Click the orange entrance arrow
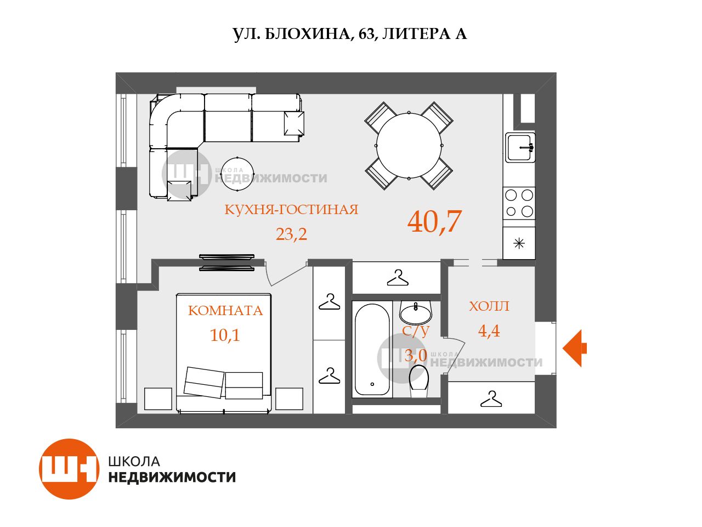(x=574, y=348)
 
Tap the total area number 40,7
(x=434, y=221)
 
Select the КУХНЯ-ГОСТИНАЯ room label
(x=291, y=210)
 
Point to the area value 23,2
(x=291, y=234)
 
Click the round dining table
(x=409, y=145)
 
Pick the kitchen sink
(x=520, y=148)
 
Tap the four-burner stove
(x=519, y=203)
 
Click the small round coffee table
(x=237, y=174)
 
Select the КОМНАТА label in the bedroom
(x=225, y=311)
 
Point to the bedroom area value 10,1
(x=225, y=335)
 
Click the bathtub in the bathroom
(x=372, y=350)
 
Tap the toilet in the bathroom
(x=419, y=381)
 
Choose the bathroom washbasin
(x=416, y=313)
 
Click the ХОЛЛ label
(x=489, y=306)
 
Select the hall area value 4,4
(x=489, y=330)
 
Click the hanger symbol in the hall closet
(x=491, y=399)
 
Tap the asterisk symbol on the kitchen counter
(x=519, y=244)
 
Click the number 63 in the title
(x=366, y=34)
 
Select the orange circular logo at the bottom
(x=69, y=469)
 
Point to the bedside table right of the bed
(x=289, y=399)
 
